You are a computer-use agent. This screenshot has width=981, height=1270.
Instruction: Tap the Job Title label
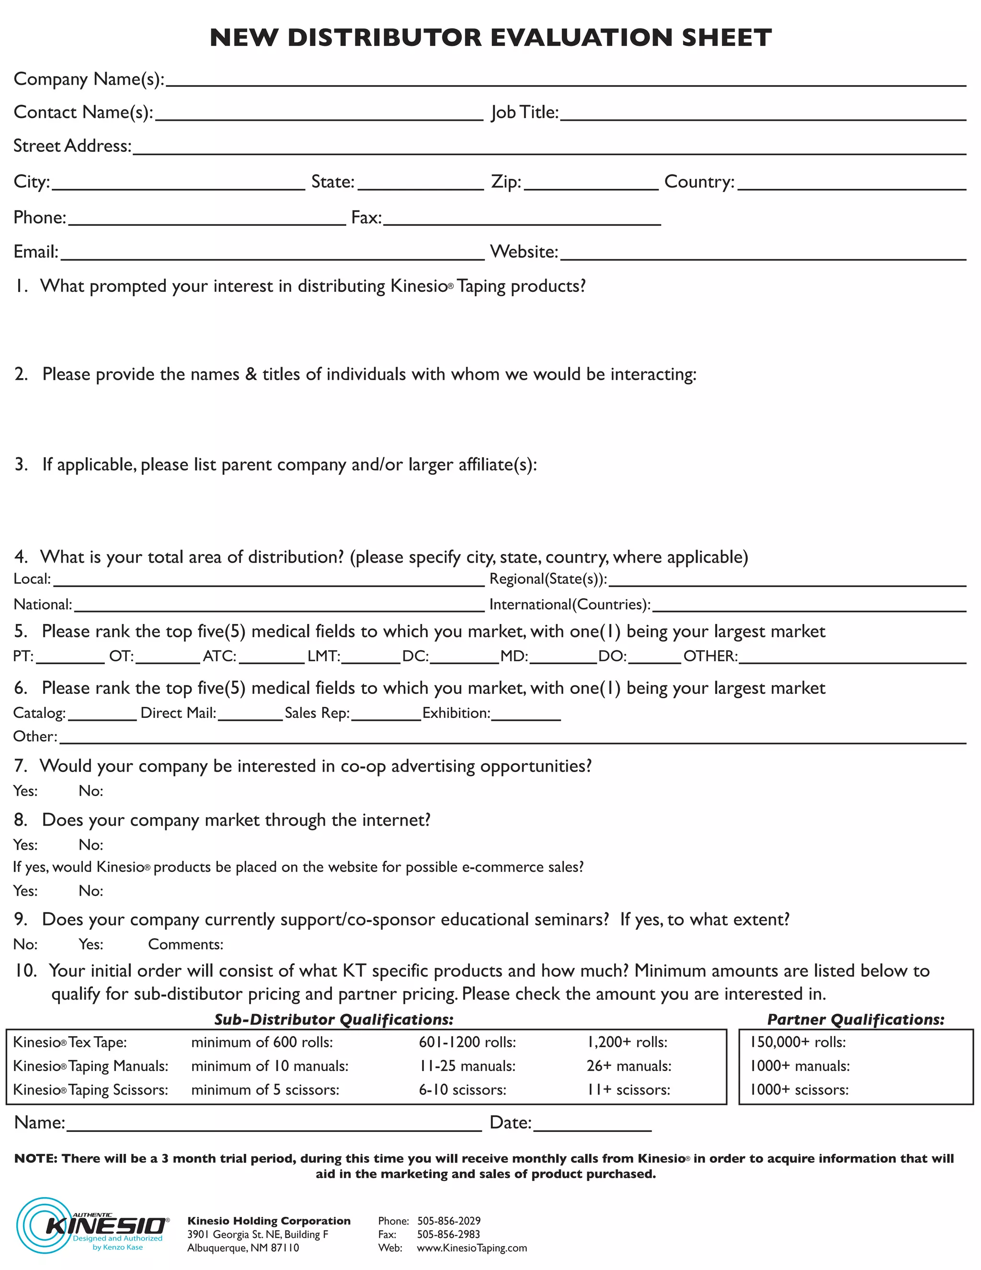(524, 112)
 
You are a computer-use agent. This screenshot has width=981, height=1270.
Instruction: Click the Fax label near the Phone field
(366, 218)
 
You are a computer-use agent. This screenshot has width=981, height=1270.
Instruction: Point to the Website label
(524, 252)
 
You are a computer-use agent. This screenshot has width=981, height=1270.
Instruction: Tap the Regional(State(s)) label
(548, 579)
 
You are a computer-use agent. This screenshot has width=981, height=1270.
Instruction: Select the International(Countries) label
(570, 605)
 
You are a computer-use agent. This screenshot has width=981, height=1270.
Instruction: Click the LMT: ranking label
(324, 657)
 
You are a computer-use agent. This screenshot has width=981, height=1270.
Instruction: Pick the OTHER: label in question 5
(710, 657)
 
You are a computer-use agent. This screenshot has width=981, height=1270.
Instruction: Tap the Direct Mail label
(178, 714)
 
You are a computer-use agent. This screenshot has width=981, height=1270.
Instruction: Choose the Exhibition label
(456, 714)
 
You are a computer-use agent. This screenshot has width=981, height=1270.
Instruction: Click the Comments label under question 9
(185, 945)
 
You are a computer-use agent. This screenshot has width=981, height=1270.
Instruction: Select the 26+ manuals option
(629, 1066)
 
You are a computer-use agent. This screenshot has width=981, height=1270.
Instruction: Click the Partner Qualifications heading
(856, 1020)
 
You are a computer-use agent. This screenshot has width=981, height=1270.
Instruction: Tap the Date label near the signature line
(510, 1123)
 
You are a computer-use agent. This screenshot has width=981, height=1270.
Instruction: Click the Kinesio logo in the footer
(93, 1226)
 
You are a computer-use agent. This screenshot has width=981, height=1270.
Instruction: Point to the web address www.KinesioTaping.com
(472, 1248)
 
